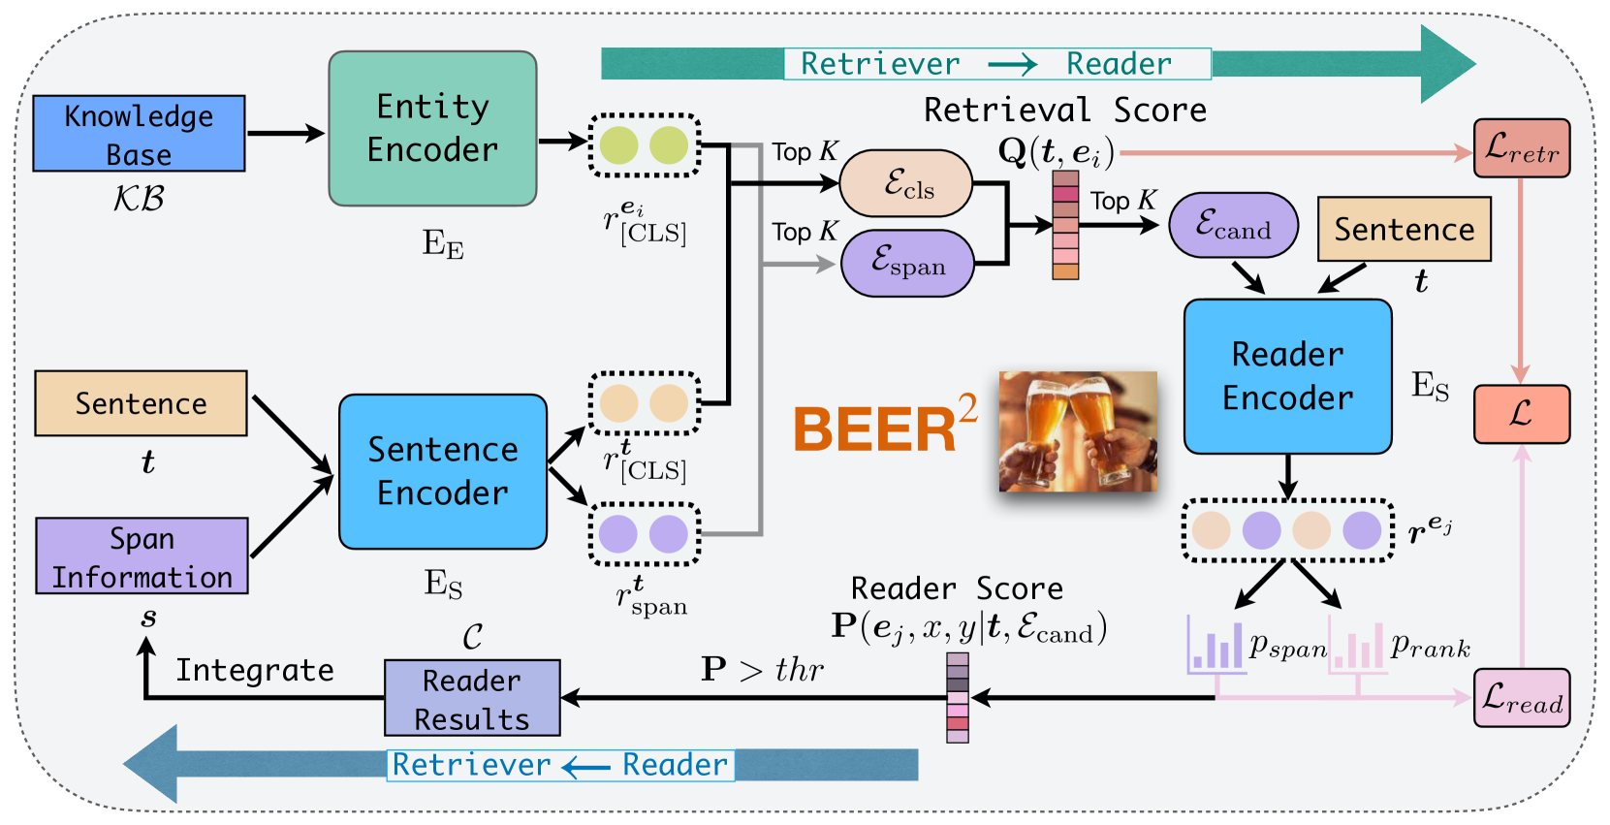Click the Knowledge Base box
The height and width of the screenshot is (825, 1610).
pyautogui.click(x=139, y=134)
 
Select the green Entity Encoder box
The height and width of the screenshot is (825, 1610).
pyautogui.click(x=432, y=128)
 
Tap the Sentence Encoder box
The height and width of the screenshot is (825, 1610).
pyautogui.click(x=443, y=471)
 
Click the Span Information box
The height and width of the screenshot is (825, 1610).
pyautogui.click(x=142, y=555)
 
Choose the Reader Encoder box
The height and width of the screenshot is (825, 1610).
pyautogui.click(x=1287, y=376)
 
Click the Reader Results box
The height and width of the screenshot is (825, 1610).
pyautogui.click(x=472, y=698)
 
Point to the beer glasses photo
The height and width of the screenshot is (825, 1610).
pyautogui.click(x=1078, y=430)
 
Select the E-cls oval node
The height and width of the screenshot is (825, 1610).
pyautogui.click(x=905, y=183)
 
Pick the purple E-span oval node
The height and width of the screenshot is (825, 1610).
pyautogui.click(x=907, y=263)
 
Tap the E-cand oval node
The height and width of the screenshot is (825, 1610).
pyautogui.click(x=1233, y=225)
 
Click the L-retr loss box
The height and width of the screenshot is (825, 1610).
pyautogui.click(x=1521, y=148)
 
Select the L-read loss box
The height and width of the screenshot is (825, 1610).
pyautogui.click(x=1521, y=698)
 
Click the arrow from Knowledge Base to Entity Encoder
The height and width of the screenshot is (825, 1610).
pyautogui.click(x=285, y=134)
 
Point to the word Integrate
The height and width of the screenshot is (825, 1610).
pyautogui.click(x=254, y=670)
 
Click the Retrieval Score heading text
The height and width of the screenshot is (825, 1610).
pyautogui.click(x=1064, y=111)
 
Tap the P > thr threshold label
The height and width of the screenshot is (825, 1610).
pyautogui.click(x=762, y=669)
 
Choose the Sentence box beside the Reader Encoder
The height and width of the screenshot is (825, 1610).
pyautogui.click(x=1404, y=230)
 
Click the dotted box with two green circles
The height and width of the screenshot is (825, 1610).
pyautogui.click(x=645, y=145)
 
